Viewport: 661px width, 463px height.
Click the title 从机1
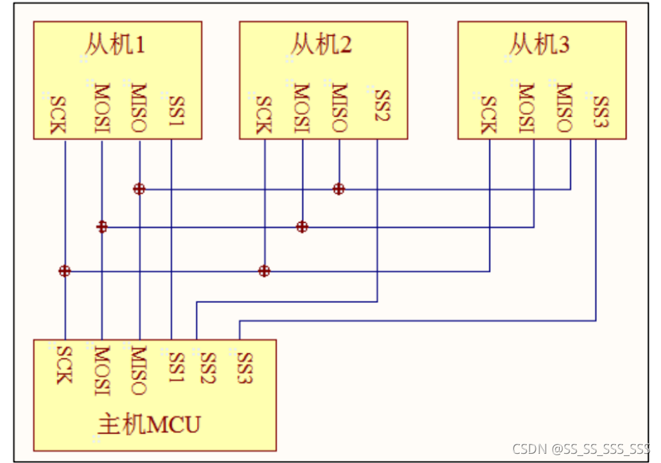[116, 46]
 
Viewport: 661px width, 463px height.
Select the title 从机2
[321, 46]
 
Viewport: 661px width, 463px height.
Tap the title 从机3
[539, 46]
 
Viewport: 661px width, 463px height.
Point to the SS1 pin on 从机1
[175, 110]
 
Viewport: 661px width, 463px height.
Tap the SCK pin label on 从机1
[58, 115]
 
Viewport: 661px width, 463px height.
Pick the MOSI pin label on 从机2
[301, 108]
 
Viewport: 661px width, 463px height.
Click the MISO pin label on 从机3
[563, 108]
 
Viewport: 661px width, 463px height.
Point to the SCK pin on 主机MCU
[63, 365]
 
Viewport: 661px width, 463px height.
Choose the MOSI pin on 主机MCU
[101, 370]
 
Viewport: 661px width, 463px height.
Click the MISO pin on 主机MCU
[139, 370]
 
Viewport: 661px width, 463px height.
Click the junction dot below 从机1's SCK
[65, 270]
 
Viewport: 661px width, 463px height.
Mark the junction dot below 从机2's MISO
[339, 188]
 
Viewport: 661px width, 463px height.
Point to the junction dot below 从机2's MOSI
[302, 227]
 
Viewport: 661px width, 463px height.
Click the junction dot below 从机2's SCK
[264, 270]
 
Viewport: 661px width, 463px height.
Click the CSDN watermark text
[581, 448]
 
